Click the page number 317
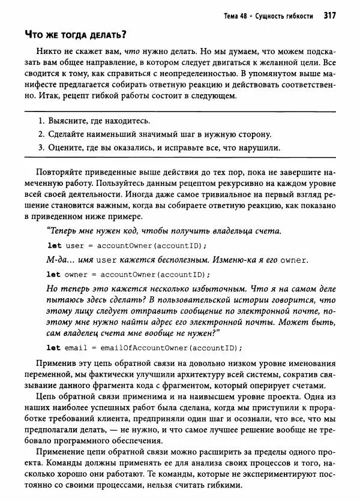pos(329,16)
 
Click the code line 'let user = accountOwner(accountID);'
pos(126,246)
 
